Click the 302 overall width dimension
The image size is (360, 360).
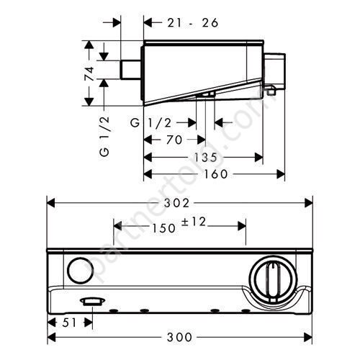click(x=176, y=203)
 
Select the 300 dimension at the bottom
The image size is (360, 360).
click(x=179, y=337)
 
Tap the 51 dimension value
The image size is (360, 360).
click(x=69, y=323)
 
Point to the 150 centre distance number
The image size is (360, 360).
click(x=164, y=228)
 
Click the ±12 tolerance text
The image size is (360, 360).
click(x=194, y=222)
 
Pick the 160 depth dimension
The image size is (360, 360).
click(x=215, y=174)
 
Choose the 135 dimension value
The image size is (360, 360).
click(x=205, y=158)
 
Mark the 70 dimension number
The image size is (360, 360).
click(x=174, y=140)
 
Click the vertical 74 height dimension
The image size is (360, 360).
click(x=90, y=73)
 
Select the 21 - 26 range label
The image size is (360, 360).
click(x=193, y=23)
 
